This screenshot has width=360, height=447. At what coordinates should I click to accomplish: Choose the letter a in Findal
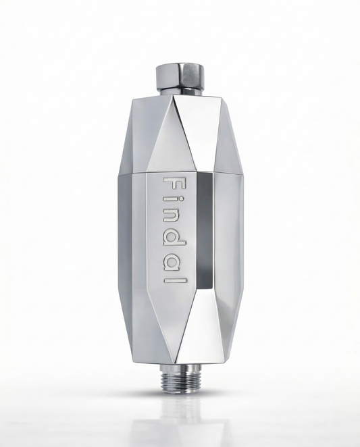[x=173, y=268]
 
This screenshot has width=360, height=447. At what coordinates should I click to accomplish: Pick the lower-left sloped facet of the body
[x=143, y=331]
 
